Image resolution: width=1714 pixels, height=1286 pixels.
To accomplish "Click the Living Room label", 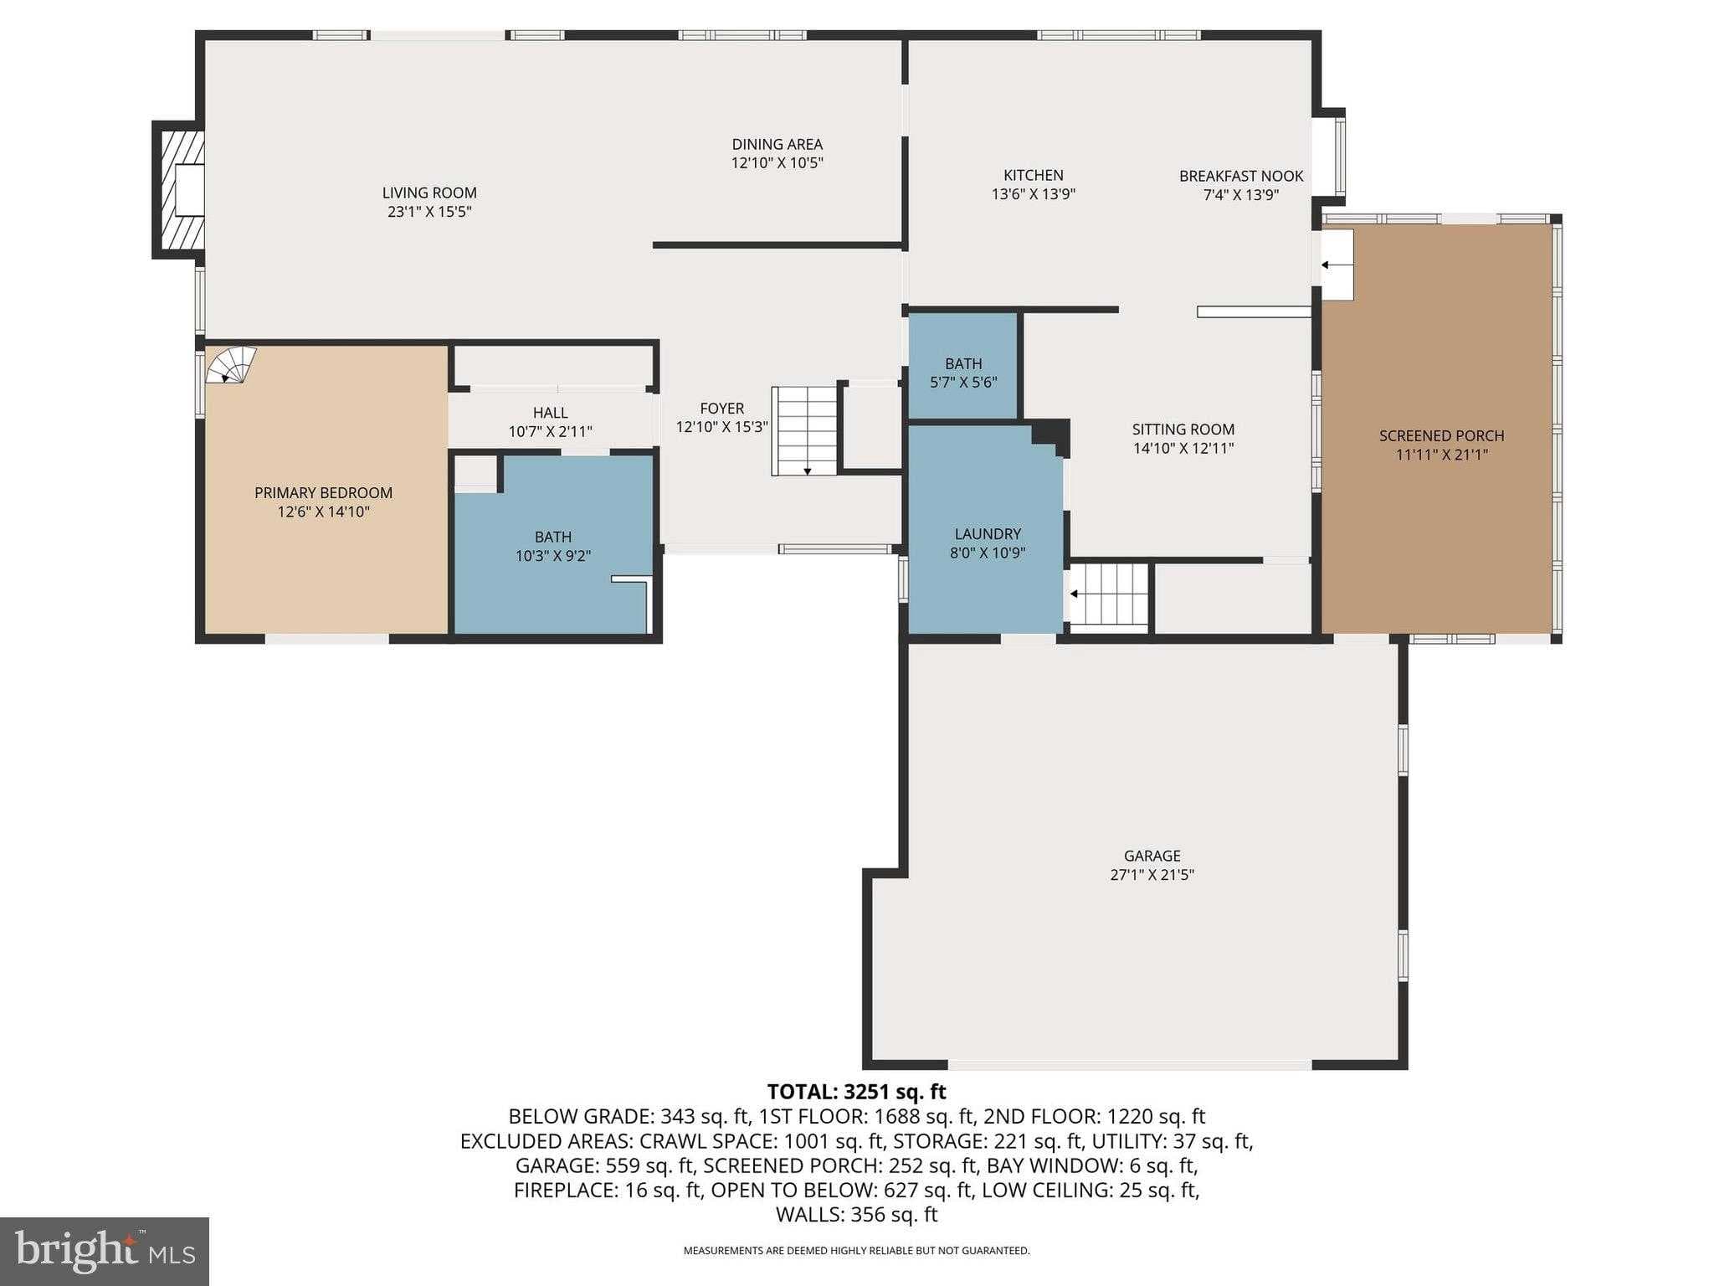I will point(429,193).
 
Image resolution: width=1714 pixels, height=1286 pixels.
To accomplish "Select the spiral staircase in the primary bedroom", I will point(230,365).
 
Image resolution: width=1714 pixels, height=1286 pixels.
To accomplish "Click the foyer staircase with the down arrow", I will point(804,430).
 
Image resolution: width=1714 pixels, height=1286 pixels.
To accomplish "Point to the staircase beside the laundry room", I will point(1108,595).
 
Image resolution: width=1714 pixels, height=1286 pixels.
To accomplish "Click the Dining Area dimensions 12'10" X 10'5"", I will point(777,163).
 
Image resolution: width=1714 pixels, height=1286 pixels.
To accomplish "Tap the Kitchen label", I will point(1034,175).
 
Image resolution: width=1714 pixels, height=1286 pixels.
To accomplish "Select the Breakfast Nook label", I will point(1241,176).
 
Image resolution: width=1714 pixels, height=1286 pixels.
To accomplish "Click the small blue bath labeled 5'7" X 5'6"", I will point(963,373).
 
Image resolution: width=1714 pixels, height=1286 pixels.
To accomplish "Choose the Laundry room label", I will point(988,534).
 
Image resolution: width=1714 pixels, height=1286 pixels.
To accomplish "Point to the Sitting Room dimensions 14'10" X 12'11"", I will point(1183,448).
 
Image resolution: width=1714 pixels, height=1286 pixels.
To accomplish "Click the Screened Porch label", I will point(1441,436).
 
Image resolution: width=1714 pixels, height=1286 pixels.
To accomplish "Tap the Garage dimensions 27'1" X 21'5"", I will point(1152,875).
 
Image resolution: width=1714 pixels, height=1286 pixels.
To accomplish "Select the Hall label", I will point(551,413).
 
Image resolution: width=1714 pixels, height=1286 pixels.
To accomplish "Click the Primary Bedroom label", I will point(323,493).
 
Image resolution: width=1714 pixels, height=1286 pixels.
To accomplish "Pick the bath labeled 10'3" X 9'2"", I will point(553,546).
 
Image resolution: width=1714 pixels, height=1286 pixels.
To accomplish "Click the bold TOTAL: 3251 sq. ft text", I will point(856,1092).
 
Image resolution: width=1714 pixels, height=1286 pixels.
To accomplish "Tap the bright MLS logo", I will point(104,1251).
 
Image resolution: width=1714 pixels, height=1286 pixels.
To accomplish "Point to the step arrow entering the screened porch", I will point(1337,265).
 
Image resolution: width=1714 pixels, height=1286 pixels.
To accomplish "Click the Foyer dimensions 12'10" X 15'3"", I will point(721,427).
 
